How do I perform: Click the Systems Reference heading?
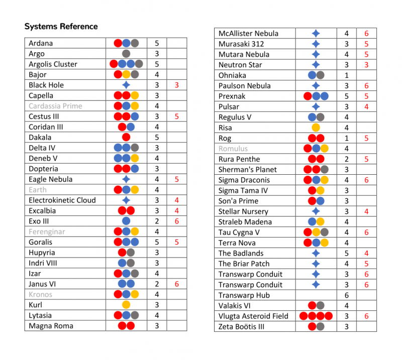click(x=61, y=26)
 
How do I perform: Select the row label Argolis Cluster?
click(x=53, y=64)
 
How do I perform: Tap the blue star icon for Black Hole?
click(x=126, y=85)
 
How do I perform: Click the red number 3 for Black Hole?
click(x=177, y=85)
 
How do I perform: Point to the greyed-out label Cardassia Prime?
click(x=55, y=106)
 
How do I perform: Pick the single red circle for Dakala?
click(x=126, y=137)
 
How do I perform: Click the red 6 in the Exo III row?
click(x=177, y=221)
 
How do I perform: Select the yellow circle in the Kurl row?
click(x=126, y=305)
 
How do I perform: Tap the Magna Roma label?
click(x=51, y=326)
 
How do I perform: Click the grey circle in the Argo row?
click(x=126, y=54)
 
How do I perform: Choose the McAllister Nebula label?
click(x=248, y=34)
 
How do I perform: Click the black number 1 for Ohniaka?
click(x=346, y=75)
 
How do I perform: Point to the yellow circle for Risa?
click(x=316, y=128)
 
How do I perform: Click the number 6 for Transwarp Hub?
click(x=346, y=295)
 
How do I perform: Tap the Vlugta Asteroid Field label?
click(x=253, y=316)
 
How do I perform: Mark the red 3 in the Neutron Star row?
click(x=366, y=65)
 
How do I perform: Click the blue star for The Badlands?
click(x=316, y=254)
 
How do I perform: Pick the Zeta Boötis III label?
click(x=241, y=327)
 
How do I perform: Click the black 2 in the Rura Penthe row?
click(x=346, y=159)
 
